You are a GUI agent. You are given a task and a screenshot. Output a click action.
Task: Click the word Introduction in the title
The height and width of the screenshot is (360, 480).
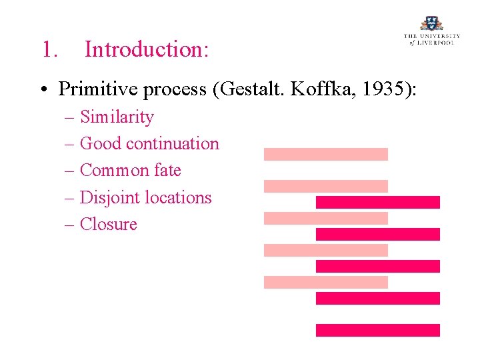[x=147, y=49]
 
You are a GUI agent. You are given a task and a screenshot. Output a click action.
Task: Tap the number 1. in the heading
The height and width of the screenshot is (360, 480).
[x=49, y=49]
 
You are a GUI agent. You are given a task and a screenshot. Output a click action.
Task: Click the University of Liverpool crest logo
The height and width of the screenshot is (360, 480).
[x=431, y=24]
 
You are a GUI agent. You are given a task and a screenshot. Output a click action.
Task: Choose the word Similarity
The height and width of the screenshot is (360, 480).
[x=117, y=117]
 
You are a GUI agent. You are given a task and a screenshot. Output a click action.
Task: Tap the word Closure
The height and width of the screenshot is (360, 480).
[x=108, y=225]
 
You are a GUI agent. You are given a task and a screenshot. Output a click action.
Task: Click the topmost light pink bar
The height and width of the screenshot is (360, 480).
[x=325, y=154]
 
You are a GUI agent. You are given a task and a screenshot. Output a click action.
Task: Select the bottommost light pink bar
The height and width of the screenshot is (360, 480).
[x=325, y=282]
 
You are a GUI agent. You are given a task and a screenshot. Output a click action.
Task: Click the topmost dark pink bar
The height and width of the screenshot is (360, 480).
[x=377, y=202]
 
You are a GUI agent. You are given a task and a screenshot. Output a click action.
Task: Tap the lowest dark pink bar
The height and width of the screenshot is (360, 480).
[x=377, y=330]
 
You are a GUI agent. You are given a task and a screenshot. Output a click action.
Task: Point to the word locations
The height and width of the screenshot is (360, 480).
[x=181, y=198]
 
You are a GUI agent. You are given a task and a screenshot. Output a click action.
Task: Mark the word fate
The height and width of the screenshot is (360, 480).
[x=167, y=171]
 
